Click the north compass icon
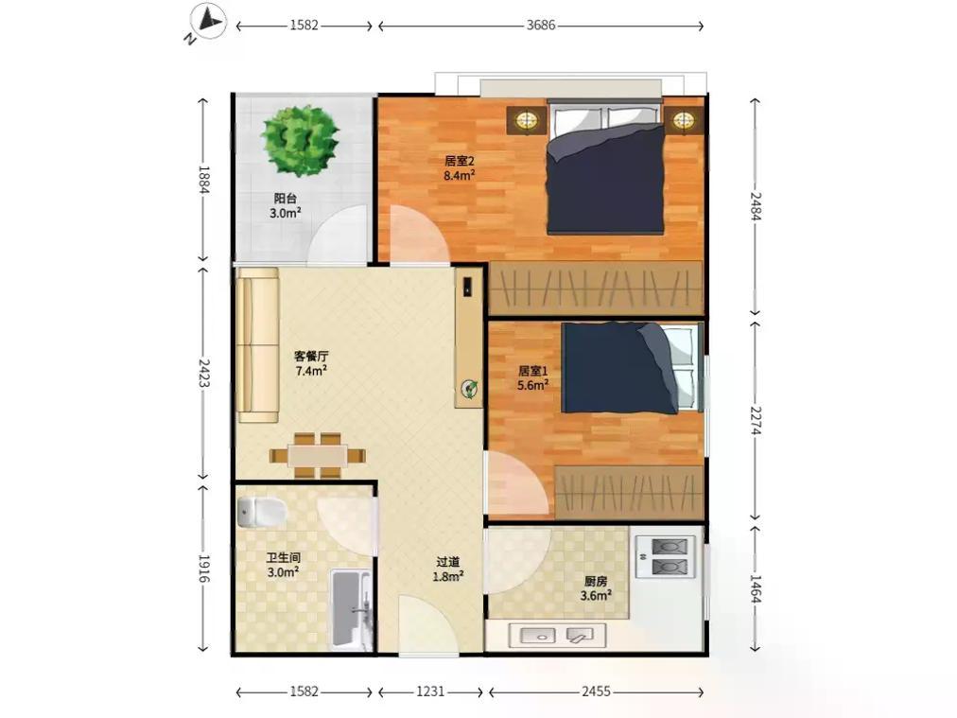pos(208,23)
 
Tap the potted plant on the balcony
pos(301,141)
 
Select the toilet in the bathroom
pos(261,512)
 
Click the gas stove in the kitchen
pos(665,556)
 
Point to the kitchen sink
pos(557,635)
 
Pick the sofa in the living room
pos(257,345)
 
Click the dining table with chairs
pos(318,455)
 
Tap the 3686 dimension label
pos(541,25)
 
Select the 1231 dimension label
pos(430,692)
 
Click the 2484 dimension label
pos(756,206)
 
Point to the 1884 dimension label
pos(204,180)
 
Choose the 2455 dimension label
pos(596,692)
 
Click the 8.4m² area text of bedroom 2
pos(460,176)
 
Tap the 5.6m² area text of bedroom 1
pos(532,385)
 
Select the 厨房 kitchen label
pos(596,581)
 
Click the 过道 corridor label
pos(448,562)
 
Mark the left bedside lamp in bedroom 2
pos(526,119)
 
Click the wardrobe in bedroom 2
pos(596,289)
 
